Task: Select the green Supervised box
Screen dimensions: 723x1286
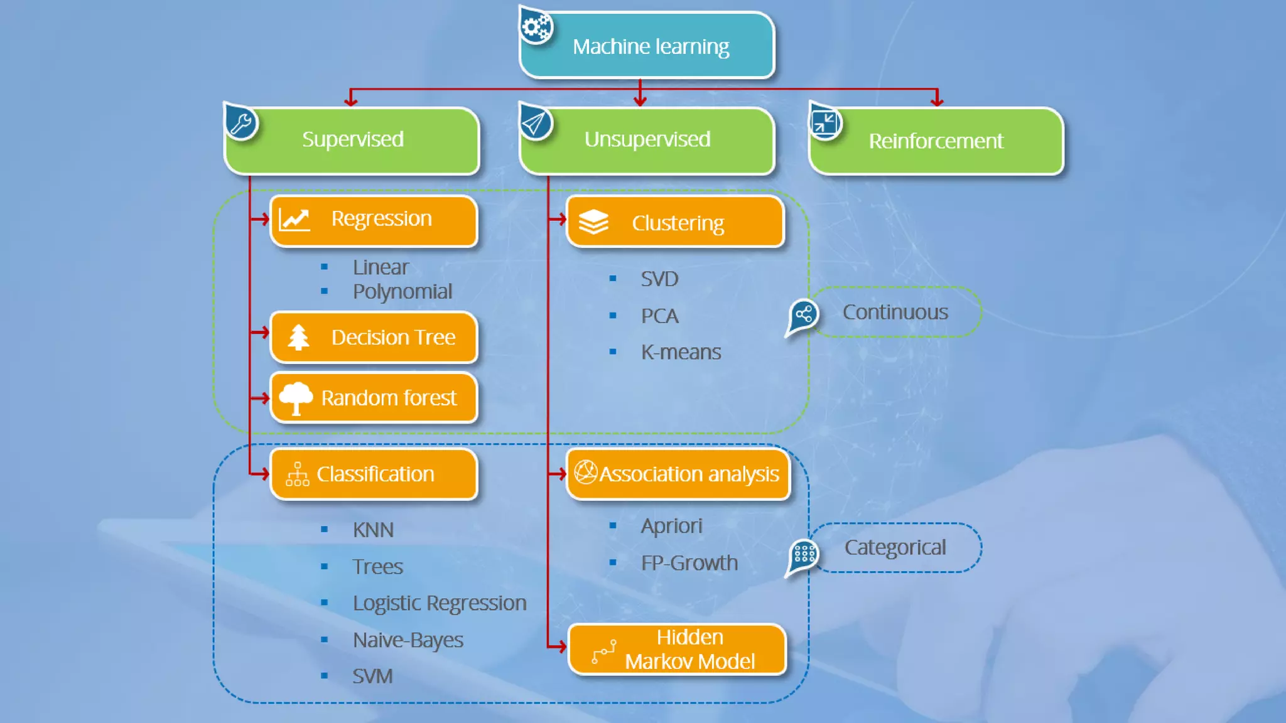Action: [352, 140]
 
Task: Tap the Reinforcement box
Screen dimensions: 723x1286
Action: [936, 141]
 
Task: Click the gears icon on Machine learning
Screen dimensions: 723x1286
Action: [536, 27]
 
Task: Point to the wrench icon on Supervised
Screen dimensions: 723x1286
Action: [241, 122]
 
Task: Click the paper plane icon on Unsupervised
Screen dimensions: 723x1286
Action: [535, 123]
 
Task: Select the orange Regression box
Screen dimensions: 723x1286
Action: [374, 220]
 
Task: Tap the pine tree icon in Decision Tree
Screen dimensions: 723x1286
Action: [298, 337]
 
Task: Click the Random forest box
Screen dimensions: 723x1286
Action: [374, 398]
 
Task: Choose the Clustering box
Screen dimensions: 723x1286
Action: [676, 223]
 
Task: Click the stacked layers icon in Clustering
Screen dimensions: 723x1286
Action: [593, 222]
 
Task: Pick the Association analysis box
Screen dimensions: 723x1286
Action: [678, 474]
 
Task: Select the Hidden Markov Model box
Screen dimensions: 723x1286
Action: [677, 650]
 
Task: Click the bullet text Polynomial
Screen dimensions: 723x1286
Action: [402, 292]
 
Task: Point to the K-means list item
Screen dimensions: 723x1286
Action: [681, 352]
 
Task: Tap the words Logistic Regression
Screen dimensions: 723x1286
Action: [439, 603]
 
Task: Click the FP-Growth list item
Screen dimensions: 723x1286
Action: [689, 563]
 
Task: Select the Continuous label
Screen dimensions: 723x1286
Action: [895, 312]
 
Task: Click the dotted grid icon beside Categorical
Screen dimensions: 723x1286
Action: [804, 554]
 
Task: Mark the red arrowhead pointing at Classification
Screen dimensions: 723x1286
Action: [264, 474]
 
